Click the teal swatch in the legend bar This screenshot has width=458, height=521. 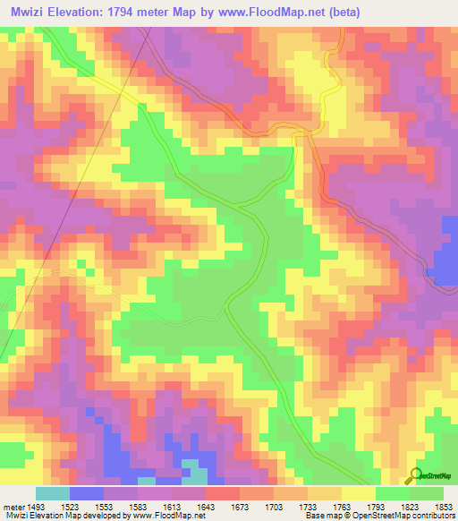(x=52, y=493)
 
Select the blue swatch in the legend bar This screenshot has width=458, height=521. (x=86, y=493)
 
